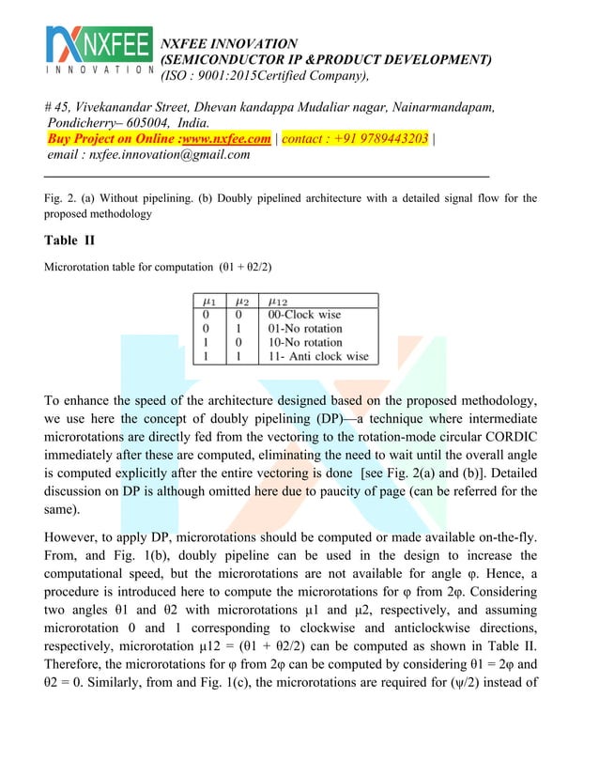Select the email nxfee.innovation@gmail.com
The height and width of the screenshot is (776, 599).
(x=169, y=155)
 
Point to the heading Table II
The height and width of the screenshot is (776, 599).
(x=75, y=241)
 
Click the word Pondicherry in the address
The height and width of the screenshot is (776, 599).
(x=87, y=122)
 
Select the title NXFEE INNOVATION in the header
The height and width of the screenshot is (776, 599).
(x=230, y=43)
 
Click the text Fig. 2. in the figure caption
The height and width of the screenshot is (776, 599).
(x=61, y=198)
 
